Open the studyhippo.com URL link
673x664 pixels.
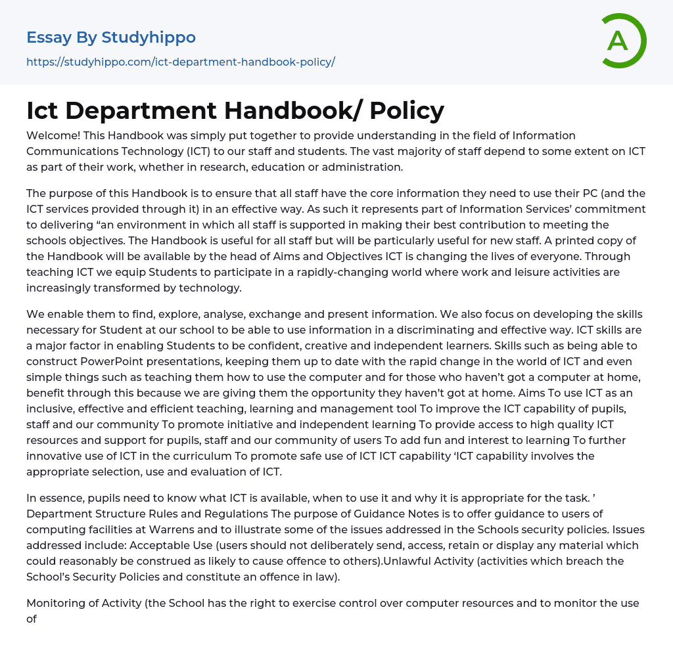click(x=181, y=62)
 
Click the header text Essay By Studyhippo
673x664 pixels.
click(x=111, y=37)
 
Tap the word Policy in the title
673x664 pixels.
click(x=407, y=110)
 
